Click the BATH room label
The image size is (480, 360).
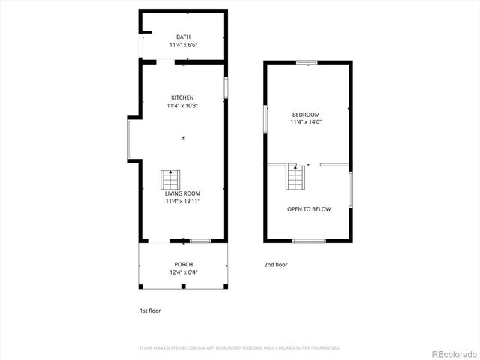pos(183,37)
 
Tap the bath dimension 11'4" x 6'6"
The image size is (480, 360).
pos(183,45)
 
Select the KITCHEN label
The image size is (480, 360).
pos(182,97)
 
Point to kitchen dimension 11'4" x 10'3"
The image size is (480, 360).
pos(182,106)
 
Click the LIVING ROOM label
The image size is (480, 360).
pos(183,193)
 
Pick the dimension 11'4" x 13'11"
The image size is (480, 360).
pos(183,201)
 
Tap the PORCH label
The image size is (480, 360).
pos(184,264)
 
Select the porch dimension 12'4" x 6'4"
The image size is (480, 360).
pos(184,272)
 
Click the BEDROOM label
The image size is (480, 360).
pos(306,114)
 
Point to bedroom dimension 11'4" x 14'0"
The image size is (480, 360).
pos(306,122)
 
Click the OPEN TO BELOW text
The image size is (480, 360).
pos(309,209)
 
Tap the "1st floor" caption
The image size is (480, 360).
pos(150,310)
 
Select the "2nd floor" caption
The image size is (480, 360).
pos(276,264)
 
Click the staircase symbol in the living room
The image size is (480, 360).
pos(170,181)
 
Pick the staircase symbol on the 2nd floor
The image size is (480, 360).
pos(295,177)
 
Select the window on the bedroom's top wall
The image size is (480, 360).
pos(307,62)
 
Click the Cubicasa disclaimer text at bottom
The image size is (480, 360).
pos(240,347)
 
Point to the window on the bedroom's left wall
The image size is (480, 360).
pos(265,118)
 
